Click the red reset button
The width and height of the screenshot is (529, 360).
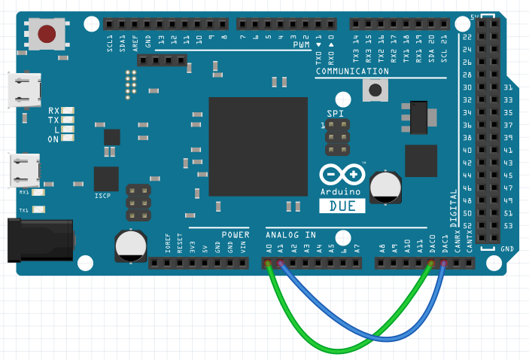pyautogui.click(x=47, y=34)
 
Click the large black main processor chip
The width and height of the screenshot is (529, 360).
pyautogui.click(x=258, y=146)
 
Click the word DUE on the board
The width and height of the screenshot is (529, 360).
pyautogui.click(x=347, y=205)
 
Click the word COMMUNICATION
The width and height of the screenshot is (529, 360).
pyautogui.click(x=352, y=72)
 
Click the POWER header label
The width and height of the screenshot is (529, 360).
pyautogui.click(x=235, y=235)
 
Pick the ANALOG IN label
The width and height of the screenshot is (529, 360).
pyautogui.click(x=291, y=235)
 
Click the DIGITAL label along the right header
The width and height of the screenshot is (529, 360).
pyautogui.click(x=454, y=207)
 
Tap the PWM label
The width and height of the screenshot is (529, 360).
pyautogui.click(x=302, y=46)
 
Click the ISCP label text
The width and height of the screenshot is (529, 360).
pyautogui.click(x=103, y=196)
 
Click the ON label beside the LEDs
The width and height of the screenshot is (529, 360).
pyautogui.click(x=53, y=139)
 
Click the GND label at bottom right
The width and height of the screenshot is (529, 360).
pyautogui.click(x=507, y=249)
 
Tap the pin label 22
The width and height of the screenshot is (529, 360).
pyautogui.click(x=467, y=37)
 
